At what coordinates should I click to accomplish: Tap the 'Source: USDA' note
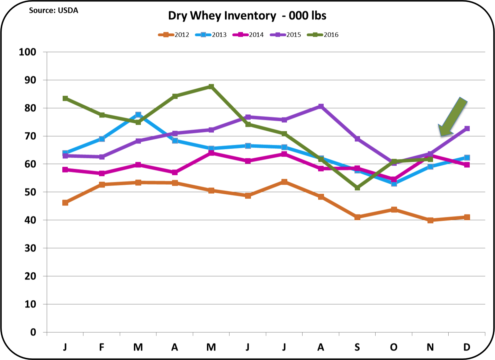[x=54, y=11]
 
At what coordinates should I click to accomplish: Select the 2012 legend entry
[x=174, y=35]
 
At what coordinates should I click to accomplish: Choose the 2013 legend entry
[x=211, y=35]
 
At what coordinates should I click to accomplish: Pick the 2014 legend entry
[x=248, y=35]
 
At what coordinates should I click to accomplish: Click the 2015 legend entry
[x=286, y=35]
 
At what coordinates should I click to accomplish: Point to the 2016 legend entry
[x=323, y=35]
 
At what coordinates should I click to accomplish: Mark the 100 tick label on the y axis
[x=27, y=52]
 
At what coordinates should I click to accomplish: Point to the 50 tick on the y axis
[x=30, y=192]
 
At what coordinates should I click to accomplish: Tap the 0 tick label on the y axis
[x=33, y=333]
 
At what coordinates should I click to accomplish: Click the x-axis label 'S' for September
[x=357, y=347]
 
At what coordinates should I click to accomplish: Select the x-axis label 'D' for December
[x=467, y=347]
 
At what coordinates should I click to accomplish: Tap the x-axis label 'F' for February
[x=101, y=347]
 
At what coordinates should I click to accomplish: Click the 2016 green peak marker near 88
[x=211, y=86]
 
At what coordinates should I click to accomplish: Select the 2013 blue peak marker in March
[x=138, y=114]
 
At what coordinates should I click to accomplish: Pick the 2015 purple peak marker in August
[x=321, y=106]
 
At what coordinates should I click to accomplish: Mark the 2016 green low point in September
[x=357, y=188]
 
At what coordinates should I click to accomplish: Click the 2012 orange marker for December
[x=467, y=217]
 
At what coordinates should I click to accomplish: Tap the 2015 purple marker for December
[x=467, y=129]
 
